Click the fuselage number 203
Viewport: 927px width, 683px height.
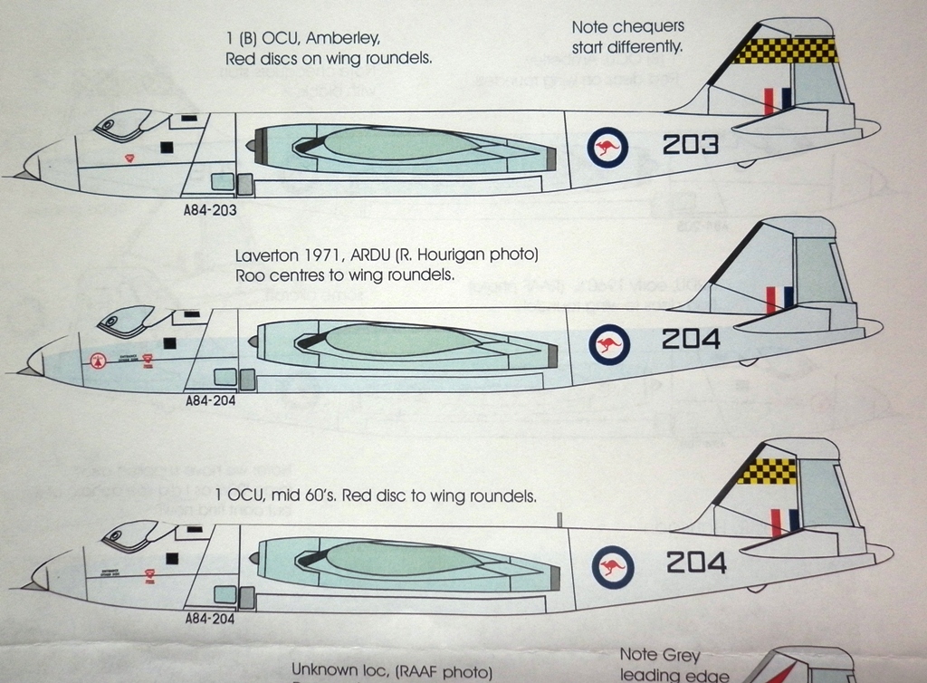(690, 145)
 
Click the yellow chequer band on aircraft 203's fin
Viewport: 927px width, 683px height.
(785, 50)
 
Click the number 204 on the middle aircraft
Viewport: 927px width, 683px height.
(691, 340)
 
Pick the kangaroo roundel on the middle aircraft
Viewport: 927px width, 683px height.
(607, 343)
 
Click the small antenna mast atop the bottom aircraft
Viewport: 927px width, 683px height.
(560, 519)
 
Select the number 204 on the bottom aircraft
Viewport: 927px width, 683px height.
(695, 563)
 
